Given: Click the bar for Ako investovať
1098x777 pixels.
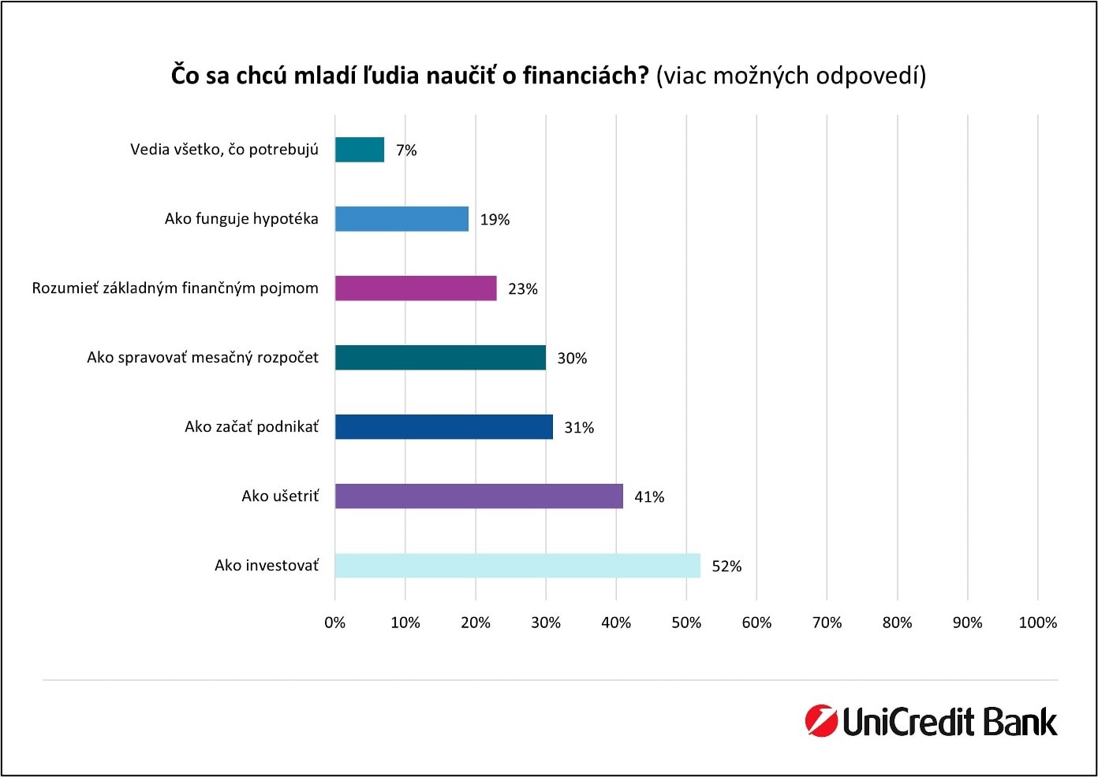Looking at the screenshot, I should coord(517,566).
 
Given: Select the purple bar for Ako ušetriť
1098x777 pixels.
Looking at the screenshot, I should coord(479,496).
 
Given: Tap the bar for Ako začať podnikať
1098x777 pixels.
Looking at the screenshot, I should coord(443,427).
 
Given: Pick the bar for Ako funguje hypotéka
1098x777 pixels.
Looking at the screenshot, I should coord(401,219).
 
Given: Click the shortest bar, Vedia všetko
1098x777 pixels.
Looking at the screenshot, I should coord(360,150).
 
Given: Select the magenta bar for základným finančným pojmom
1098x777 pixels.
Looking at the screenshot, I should coord(416,288).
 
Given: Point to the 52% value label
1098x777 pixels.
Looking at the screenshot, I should coord(726,567).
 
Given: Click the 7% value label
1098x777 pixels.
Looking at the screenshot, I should coord(406,151).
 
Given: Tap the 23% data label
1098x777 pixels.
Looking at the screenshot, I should coord(523,289).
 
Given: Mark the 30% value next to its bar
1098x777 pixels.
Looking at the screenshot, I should coord(572,359).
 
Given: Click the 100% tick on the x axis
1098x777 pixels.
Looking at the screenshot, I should coord(1037,623).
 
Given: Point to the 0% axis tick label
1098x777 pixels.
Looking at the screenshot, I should coord(335,623).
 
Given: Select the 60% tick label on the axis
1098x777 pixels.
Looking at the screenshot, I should coord(756,623).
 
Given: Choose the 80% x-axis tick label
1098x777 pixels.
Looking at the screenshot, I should coord(897,623).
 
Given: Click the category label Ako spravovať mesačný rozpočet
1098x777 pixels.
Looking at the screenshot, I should coord(203,358).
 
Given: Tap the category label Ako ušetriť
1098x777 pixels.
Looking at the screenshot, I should coord(280,496).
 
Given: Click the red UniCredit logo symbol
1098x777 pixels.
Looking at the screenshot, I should coord(820,721).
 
